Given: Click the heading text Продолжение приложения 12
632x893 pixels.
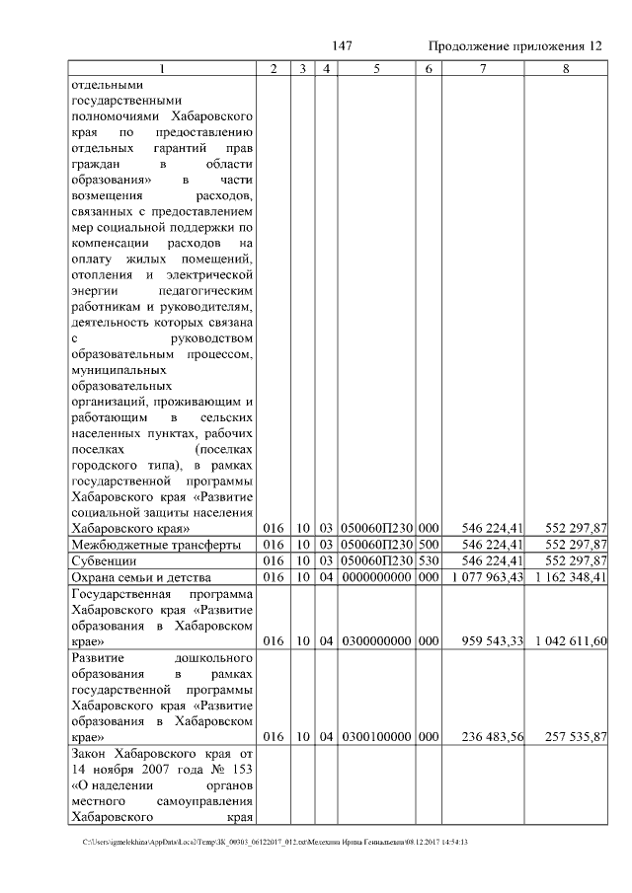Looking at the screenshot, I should click(514, 47).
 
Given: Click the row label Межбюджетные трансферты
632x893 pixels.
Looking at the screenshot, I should click(154, 545).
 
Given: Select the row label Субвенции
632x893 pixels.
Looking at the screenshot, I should click(99, 560).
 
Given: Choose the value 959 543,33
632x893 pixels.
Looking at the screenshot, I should click(492, 640).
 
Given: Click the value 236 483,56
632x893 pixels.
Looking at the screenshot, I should click(492, 736).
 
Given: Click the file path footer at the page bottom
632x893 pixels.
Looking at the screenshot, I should click(276, 842).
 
